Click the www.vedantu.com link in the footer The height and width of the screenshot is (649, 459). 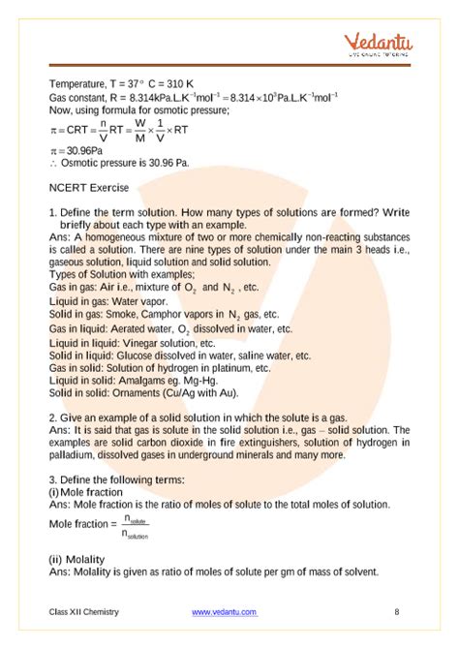pos(224,611)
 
